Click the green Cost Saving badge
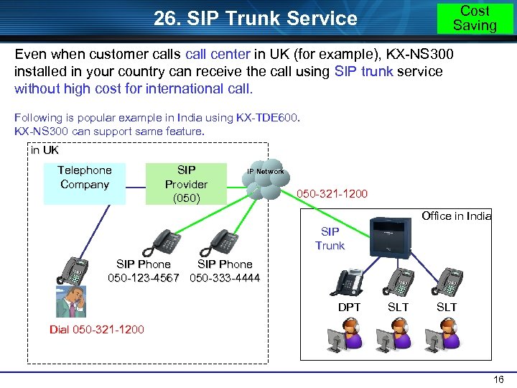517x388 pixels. [x=475, y=18]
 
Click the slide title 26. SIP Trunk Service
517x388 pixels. [x=256, y=18]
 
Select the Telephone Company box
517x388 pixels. [x=84, y=177]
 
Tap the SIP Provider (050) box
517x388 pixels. [x=186, y=183]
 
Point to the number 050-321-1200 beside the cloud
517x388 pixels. [x=332, y=194]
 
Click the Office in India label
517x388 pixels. [x=456, y=216]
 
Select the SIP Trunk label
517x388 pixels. [x=330, y=239]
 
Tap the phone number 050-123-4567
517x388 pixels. [x=144, y=278]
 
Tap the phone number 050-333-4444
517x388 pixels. [x=225, y=278]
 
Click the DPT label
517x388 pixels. [x=349, y=307]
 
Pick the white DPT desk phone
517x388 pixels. [x=347, y=282]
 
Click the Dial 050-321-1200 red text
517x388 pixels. [x=96, y=330]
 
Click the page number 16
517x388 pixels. [x=500, y=379]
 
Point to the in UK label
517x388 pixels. [x=45, y=150]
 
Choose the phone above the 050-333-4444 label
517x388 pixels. [x=223, y=241]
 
